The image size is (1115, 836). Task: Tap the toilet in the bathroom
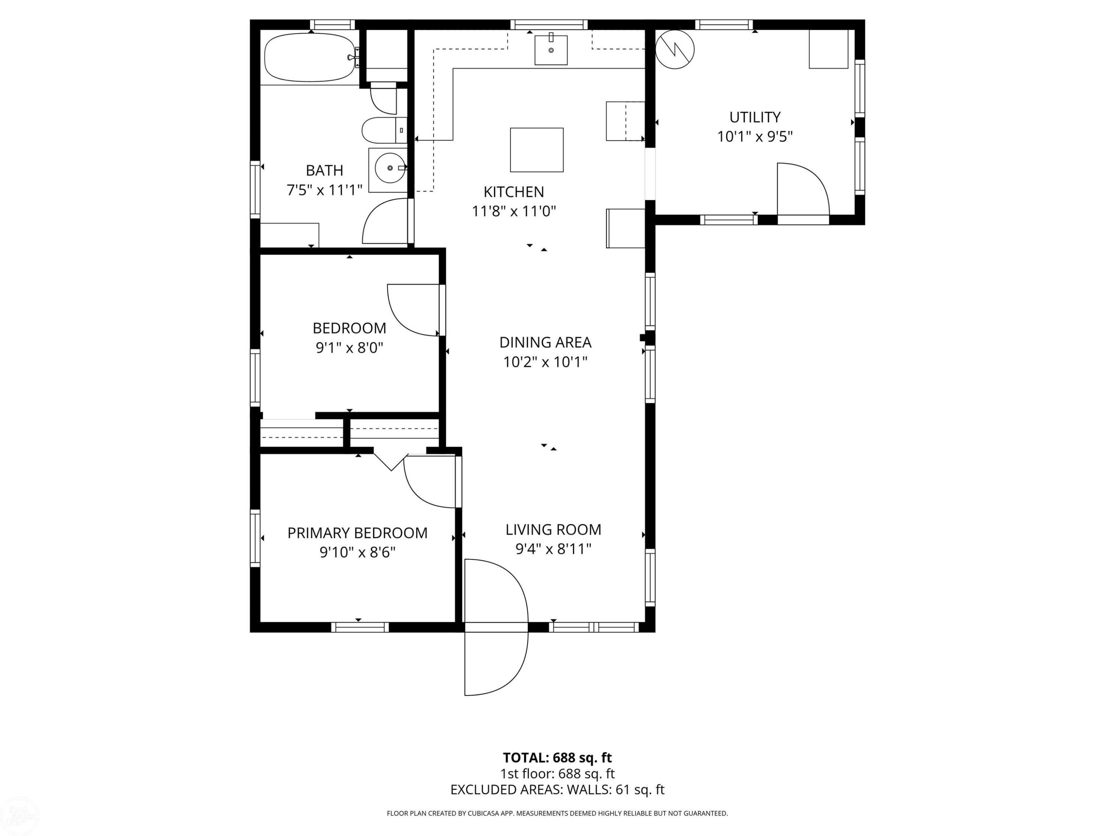point(384,130)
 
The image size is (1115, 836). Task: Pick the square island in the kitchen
point(537,150)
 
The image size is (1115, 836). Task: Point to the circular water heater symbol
point(675,49)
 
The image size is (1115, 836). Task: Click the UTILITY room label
point(754,117)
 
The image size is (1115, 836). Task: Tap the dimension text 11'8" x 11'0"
point(514,211)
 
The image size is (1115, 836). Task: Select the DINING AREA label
point(545,342)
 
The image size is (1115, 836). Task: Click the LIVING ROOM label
point(553,529)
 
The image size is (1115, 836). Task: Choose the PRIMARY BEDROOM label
point(358,533)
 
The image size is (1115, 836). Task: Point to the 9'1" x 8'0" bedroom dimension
point(349,348)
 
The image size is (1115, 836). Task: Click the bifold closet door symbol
point(391,461)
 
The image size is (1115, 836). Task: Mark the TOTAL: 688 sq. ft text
point(557,757)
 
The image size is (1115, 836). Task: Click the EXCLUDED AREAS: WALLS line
point(557,790)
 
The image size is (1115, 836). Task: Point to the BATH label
point(324,170)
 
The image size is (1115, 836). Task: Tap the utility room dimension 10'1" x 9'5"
point(754,137)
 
